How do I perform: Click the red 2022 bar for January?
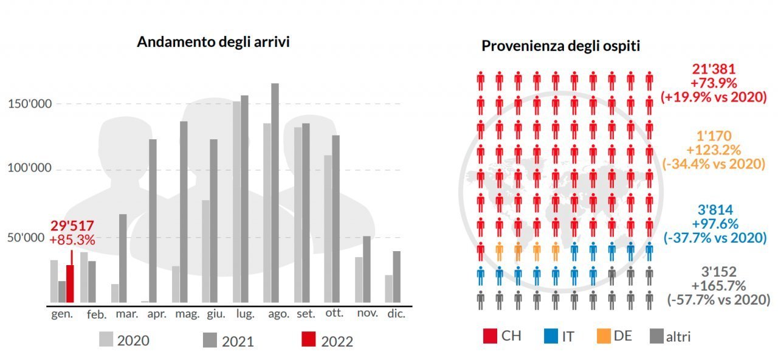pos(70,284)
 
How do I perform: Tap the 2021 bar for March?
pos(123,258)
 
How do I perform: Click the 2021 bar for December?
pos(396,277)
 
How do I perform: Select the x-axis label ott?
pos(334,314)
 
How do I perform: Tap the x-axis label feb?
pos(96,315)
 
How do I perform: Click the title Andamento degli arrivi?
pos(213,42)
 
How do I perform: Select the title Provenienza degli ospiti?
pos(560,46)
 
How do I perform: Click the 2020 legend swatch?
pos(106,340)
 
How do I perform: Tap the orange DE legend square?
pos(604,336)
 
